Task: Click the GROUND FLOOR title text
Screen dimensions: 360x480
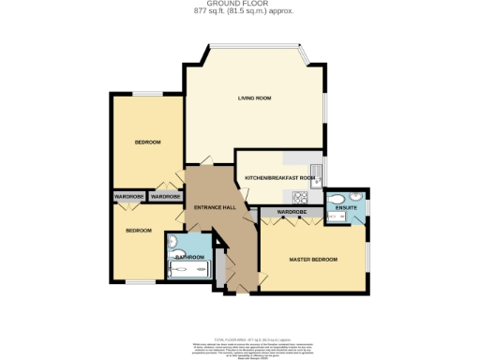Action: (x=239, y=4)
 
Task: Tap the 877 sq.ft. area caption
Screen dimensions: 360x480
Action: (x=239, y=11)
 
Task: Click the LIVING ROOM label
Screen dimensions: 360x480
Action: (x=254, y=97)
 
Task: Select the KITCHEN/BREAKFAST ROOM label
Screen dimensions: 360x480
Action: (x=277, y=178)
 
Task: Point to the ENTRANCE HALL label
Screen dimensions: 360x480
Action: (x=213, y=207)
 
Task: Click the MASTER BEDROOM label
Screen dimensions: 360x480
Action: (x=313, y=259)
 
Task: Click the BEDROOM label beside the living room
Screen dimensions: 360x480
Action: (x=147, y=142)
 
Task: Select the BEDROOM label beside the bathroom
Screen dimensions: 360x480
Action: (x=139, y=230)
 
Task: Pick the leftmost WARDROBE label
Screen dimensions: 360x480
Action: (x=128, y=197)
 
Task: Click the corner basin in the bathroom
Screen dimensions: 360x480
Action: (x=173, y=241)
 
